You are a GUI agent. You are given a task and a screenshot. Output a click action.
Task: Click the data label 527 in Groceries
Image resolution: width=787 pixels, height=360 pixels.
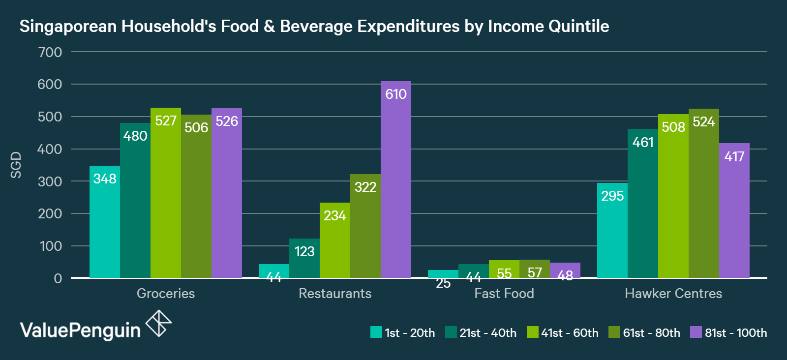click(166, 121)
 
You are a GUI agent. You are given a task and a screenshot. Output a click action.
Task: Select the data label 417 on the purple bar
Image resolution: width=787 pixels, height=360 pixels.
click(734, 157)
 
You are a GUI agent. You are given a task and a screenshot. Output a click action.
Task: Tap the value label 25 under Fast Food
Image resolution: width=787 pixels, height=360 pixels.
click(443, 284)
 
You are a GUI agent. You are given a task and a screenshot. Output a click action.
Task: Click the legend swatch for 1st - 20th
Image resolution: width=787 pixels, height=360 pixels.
click(376, 332)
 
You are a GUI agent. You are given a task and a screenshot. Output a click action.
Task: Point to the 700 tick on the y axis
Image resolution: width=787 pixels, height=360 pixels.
click(50, 52)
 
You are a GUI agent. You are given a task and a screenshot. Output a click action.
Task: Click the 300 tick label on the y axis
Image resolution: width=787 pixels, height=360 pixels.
click(50, 181)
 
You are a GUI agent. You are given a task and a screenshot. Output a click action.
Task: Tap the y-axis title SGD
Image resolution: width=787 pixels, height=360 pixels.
click(16, 165)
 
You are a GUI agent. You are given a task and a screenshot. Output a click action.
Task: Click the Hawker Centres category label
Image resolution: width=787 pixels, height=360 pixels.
click(673, 294)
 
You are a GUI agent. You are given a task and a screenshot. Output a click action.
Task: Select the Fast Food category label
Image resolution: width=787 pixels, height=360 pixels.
click(504, 294)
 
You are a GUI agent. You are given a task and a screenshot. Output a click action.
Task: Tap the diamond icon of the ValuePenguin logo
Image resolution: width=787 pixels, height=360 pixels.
click(159, 324)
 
